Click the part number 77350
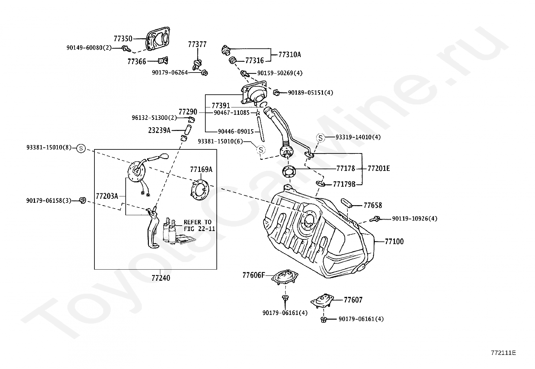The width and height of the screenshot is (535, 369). tap(123, 38)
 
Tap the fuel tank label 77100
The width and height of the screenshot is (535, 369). tap(394, 241)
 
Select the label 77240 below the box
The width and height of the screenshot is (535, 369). tap(161, 278)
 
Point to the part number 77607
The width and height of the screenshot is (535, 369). tap(353, 300)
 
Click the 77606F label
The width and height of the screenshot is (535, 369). tap(254, 275)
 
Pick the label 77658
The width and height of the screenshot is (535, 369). tap(373, 205)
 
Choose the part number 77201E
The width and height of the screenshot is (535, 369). tap(379, 169)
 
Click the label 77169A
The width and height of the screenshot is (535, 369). tap(201, 170)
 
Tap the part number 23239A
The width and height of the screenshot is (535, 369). tap(159, 130)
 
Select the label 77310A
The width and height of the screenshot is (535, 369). tap(290, 55)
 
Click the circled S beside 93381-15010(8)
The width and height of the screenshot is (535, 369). tap(81, 148)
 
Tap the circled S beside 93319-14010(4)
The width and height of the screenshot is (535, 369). tap(321, 138)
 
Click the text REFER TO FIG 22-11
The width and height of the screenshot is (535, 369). tap(199, 225)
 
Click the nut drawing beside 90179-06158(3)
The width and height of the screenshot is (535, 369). tap(82, 200)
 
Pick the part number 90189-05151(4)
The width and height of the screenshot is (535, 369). tap(311, 93)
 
